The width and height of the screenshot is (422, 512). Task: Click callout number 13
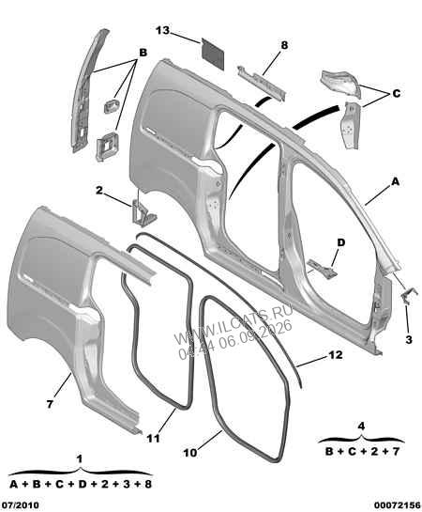pos(162,30)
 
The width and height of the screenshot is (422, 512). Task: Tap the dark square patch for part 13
pos(213,54)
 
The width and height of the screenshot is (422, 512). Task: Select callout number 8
pos(284,45)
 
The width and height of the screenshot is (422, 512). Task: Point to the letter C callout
pos(397,94)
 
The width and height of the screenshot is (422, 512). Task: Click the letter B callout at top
pos(143,53)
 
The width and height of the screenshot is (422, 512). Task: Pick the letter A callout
pos(395,181)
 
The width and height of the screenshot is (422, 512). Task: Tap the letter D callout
pos(340,242)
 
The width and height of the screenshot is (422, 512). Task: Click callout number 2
pos(99,190)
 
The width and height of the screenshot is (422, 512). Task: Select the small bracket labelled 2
pos(143,212)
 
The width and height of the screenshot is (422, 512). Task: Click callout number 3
pos(409,340)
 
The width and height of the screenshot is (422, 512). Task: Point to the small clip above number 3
pos(408,295)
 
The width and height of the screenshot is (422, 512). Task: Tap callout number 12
pos(336,354)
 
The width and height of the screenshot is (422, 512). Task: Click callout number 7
pos(50,404)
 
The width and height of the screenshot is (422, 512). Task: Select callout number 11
pos(153,438)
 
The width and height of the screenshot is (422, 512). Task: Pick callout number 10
pos(190,453)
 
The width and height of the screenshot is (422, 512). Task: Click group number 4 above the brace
pos(361,427)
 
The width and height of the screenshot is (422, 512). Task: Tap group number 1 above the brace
pos(79,459)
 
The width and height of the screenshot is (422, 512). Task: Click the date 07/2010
pos(20,505)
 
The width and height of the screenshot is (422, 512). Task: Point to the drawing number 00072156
pos(398,505)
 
